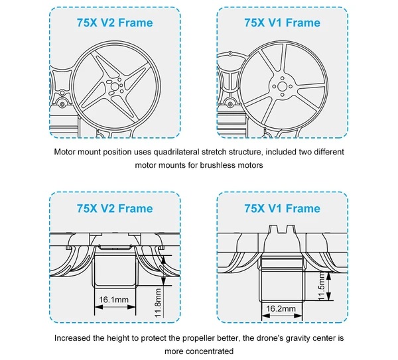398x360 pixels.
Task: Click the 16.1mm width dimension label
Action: (x=113, y=300)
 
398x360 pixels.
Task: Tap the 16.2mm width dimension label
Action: (x=281, y=308)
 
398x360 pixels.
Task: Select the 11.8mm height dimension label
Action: (x=158, y=303)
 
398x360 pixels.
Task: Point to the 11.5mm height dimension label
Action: (x=321, y=286)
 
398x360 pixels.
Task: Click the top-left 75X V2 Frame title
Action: (x=115, y=23)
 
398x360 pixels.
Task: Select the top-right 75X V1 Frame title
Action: (x=283, y=23)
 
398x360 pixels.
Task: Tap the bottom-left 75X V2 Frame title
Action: (x=115, y=209)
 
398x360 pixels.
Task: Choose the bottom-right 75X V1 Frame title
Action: (x=283, y=209)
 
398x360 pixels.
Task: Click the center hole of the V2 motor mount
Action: (x=115, y=87)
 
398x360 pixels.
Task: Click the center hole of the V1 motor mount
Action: (x=282, y=86)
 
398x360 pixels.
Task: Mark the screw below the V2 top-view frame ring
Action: (x=62, y=104)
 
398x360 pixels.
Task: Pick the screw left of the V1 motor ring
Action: (x=230, y=104)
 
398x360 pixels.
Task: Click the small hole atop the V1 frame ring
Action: (x=230, y=54)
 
